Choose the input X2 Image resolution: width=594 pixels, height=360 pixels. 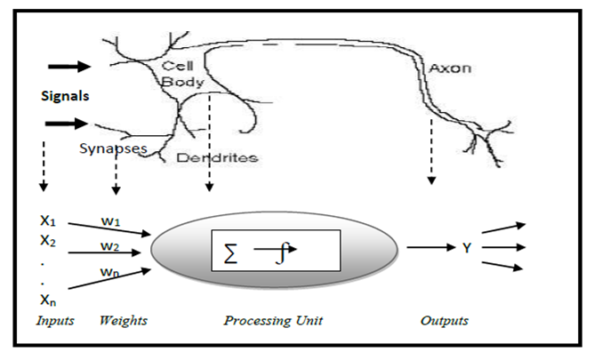(x=50, y=240)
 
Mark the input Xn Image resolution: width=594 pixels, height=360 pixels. (x=50, y=301)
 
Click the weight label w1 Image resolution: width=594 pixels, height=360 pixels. (x=109, y=219)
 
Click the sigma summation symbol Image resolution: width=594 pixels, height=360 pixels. (x=229, y=254)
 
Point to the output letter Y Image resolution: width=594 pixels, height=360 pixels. (x=466, y=248)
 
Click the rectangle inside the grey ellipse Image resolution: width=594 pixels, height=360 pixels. (x=275, y=251)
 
